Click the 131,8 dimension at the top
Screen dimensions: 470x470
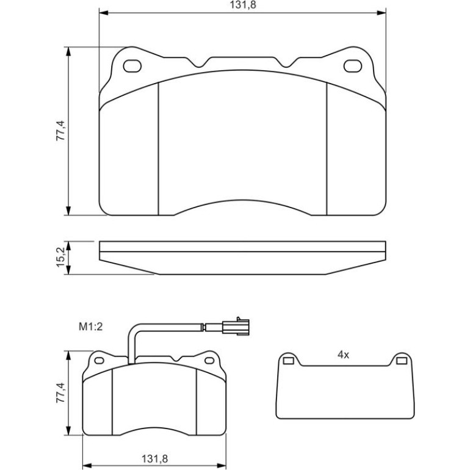pyautogui.click(x=243, y=5)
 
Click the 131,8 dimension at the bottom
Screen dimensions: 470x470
pyautogui.click(x=154, y=458)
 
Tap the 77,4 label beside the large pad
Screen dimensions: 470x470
pyautogui.click(x=60, y=131)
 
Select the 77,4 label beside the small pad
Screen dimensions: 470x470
pyautogui.click(x=60, y=392)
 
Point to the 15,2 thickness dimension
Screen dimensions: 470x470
pyautogui.click(x=60, y=258)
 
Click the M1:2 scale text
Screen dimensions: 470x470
pyautogui.click(x=90, y=327)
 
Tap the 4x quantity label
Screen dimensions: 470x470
pyautogui.click(x=343, y=355)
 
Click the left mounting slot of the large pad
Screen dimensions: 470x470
pyautogui.click(x=132, y=66)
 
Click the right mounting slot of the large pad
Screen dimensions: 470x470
pyautogui.click(x=353, y=66)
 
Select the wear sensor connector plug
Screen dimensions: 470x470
pyautogui.click(x=236, y=327)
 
